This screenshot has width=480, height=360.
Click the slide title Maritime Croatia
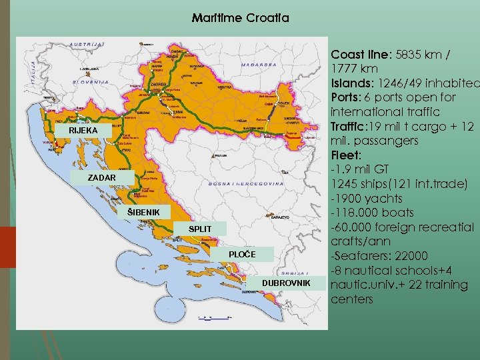pyautogui.click(x=240, y=18)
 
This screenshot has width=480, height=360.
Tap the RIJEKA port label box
pyautogui.click(x=83, y=131)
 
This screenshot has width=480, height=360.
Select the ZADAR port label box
pyautogui.click(x=102, y=179)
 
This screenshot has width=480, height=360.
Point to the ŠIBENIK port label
pyautogui.click(x=145, y=213)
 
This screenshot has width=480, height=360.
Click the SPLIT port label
pyautogui.click(x=200, y=229)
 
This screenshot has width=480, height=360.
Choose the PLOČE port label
pyautogui.click(x=242, y=254)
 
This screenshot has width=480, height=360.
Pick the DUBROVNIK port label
pyautogui.click(x=286, y=283)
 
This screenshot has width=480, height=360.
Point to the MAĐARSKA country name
pyautogui.click(x=241, y=65)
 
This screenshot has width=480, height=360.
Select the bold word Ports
pyautogui.click(x=346, y=97)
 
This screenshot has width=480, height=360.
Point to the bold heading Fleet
pyautogui.click(x=346, y=155)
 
